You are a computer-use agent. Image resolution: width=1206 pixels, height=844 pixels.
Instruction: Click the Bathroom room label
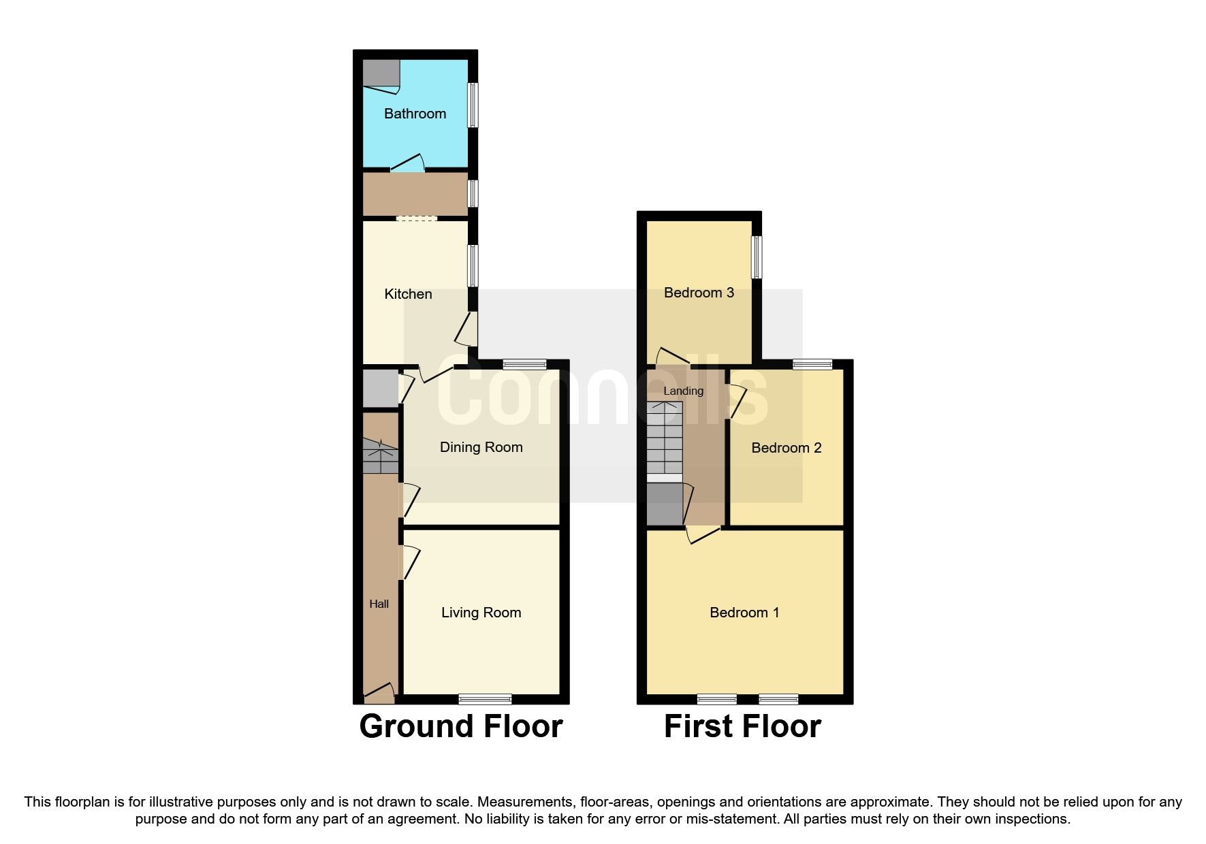coord(415,114)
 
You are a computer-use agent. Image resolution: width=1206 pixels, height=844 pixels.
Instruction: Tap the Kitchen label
coord(408,294)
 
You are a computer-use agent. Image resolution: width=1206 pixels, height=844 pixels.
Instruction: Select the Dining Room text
coord(481,447)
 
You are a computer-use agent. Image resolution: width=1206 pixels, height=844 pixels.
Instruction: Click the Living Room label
coord(481,613)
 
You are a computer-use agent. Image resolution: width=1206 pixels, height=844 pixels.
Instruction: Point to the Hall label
coord(379,604)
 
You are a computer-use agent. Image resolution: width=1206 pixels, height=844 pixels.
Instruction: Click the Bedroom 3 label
coord(699,293)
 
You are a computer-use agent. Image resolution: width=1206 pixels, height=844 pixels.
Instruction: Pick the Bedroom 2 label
coord(786,448)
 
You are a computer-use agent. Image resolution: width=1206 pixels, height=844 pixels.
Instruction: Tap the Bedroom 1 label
coord(744,613)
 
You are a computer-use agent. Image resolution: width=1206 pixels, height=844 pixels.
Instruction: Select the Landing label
coord(683,391)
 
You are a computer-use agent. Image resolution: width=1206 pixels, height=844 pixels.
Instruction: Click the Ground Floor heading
coord(461,726)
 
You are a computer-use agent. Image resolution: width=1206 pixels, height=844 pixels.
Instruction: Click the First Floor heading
coord(742,726)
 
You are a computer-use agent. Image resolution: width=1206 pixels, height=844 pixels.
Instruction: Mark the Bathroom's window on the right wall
coord(472,105)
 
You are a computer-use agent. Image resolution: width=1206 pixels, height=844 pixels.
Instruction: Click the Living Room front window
coord(485,699)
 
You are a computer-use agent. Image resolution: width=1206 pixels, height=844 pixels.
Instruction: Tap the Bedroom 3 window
coord(756,257)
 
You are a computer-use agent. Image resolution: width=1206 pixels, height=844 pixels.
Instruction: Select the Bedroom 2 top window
coord(812,364)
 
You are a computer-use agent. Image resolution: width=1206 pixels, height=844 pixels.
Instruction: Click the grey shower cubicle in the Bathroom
coord(380,74)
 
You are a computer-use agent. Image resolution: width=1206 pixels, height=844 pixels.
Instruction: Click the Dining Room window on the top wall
coord(524,364)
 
